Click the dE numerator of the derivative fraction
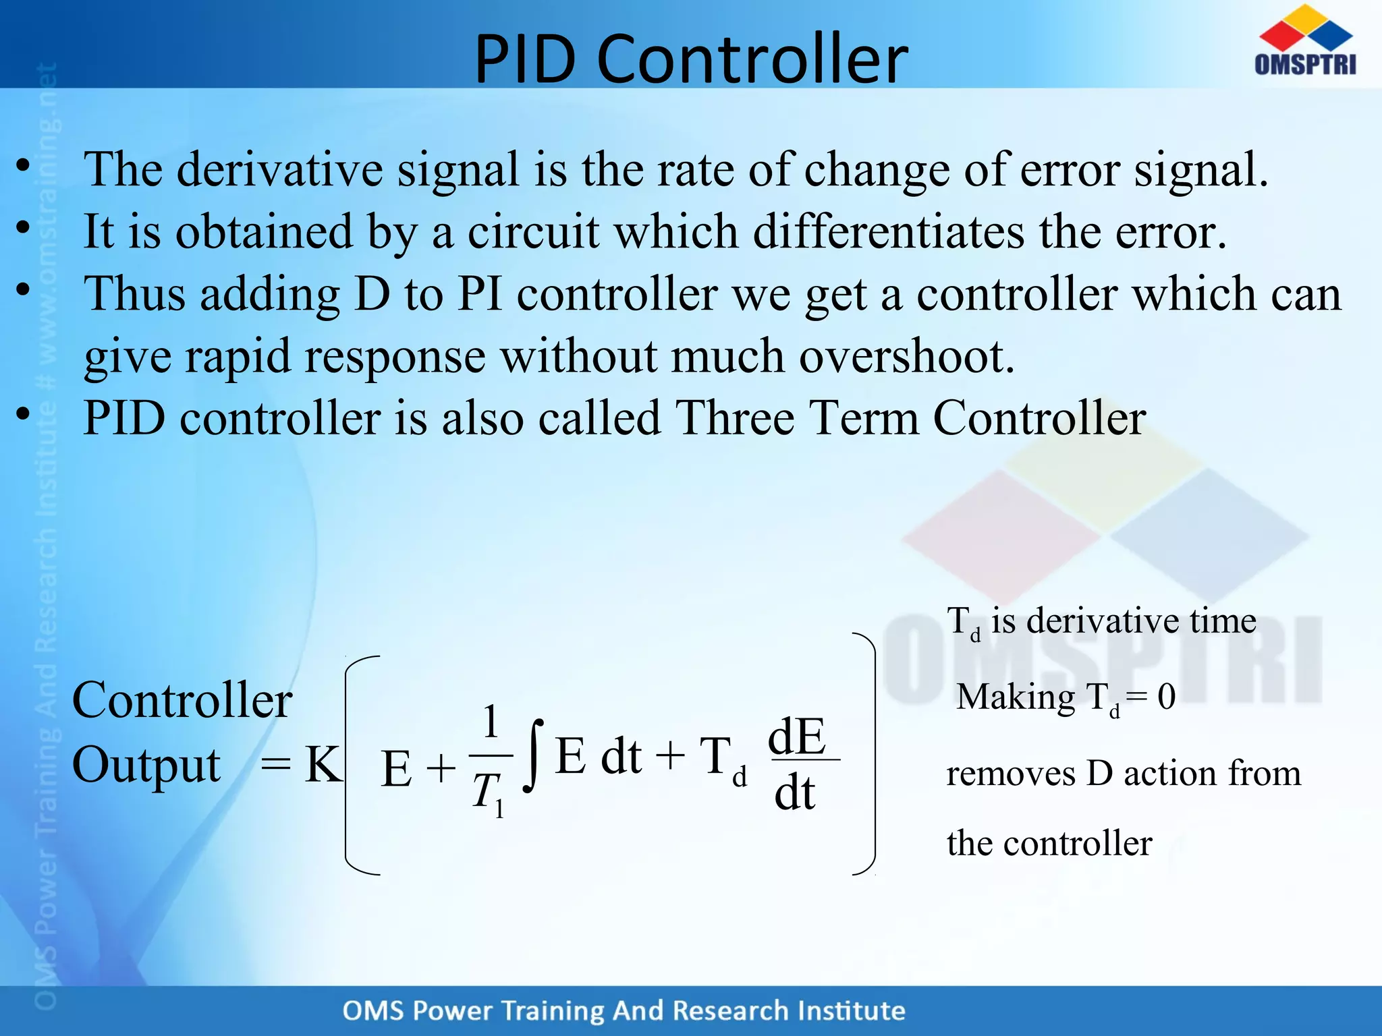(797, 737)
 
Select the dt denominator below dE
(795, 793)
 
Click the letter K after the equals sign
(323, 766)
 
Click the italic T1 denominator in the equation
(488, 793)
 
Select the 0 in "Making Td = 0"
(1166, 697)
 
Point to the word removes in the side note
(1010, 774)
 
